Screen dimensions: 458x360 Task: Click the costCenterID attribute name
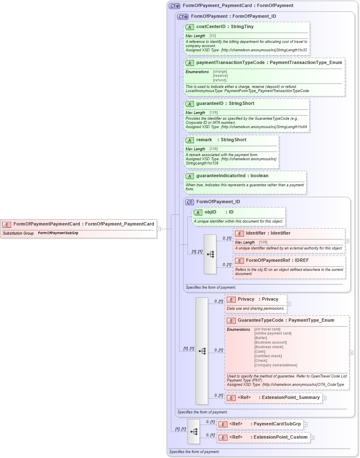click(210, 27)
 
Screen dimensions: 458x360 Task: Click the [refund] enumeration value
click(220, 80)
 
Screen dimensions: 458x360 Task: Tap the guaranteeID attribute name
click(210, 104)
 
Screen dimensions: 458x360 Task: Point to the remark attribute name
click(204, 140)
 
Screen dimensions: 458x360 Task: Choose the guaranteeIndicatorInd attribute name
click(220, 176)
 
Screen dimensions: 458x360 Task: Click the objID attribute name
click(211, 212)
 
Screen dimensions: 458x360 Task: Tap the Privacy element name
click(246, 299)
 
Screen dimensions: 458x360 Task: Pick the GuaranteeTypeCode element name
click(261, 320)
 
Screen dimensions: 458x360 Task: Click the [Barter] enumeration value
click(261, 338)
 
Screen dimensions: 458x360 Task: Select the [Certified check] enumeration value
click(268, 356)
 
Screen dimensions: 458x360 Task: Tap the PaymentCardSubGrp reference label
click(277, 424)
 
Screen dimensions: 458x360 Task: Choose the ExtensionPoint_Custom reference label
click(280, 437)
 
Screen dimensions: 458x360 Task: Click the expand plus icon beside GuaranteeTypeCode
click(351, 353)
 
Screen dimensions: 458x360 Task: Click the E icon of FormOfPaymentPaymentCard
click(7, 224)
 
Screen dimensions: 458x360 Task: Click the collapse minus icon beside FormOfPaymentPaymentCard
click(159, 229)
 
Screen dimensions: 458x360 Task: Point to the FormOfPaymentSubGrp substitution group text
click(58, 233)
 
